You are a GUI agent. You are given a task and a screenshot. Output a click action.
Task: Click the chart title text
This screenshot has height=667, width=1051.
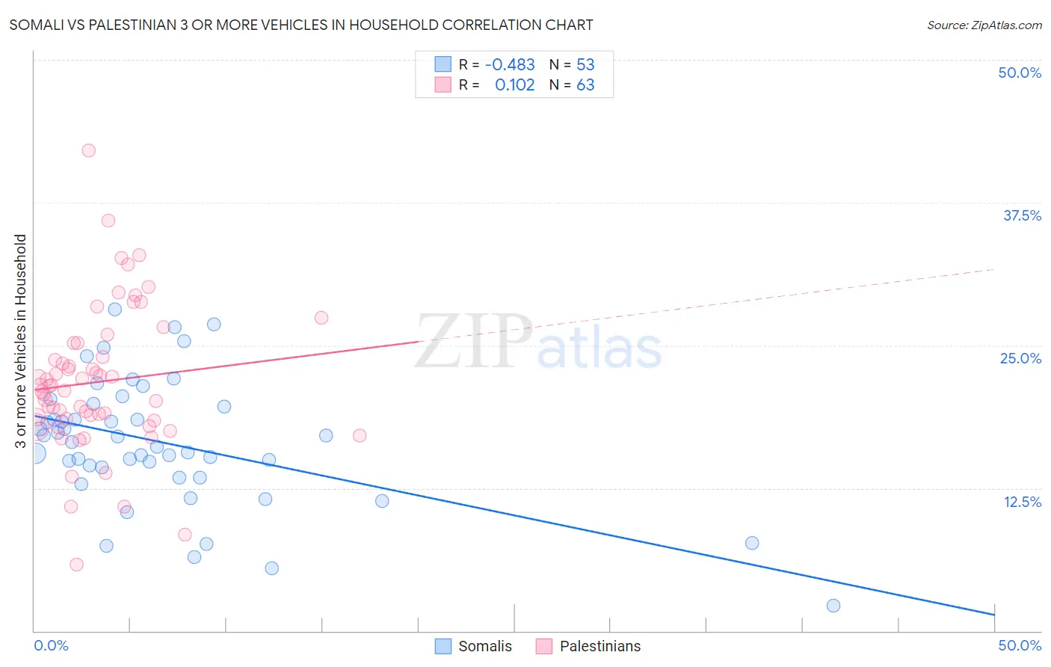(x=301, y=25)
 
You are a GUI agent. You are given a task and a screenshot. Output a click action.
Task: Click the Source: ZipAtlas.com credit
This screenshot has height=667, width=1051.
(x=984, y=25)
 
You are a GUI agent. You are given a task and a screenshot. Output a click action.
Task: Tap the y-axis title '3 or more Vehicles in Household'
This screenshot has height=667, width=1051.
(x=20, y=341)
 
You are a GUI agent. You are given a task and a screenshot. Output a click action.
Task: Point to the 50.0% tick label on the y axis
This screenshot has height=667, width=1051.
(x=1020, y=73)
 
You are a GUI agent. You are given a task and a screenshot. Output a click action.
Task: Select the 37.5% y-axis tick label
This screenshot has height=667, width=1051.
(x=1022, y=215)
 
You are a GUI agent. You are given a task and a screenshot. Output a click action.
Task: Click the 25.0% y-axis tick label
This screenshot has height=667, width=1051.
(x=1020, y=358)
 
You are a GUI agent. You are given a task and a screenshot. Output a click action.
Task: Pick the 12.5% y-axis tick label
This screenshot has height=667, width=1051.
(x=1022, y=502)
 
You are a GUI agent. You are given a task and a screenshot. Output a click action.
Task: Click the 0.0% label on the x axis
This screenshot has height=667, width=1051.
(x=52, y=645)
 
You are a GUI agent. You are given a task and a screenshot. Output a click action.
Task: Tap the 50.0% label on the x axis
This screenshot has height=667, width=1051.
(x=1020, y=645)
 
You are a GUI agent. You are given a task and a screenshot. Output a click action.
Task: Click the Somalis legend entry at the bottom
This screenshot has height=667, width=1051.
(x=474, y=646)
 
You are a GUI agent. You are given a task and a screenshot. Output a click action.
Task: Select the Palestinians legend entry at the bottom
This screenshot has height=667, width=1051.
(x=589, y=646)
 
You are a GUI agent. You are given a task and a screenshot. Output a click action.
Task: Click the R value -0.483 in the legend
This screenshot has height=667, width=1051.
(x=510, y=64)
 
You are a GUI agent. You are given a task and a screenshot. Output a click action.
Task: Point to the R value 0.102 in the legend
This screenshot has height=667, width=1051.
(x=514, y=84)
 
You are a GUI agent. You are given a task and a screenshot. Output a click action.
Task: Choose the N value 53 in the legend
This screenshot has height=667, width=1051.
(x=585, y=64)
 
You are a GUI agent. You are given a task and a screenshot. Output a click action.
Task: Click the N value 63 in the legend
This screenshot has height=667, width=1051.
(x=585, y=84)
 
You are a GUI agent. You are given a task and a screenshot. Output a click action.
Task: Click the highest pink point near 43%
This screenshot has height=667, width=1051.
(x=88, y=150)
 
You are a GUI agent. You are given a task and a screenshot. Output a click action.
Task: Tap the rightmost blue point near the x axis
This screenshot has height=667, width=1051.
(x=833, y=606)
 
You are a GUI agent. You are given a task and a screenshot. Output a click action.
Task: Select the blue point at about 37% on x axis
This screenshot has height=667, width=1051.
(x=752, y=543)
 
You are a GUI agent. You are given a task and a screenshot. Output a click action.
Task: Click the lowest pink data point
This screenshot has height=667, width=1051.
(x=76, y=565)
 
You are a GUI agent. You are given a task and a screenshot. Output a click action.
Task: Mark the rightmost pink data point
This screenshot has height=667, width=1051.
(x=360, y=435)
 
